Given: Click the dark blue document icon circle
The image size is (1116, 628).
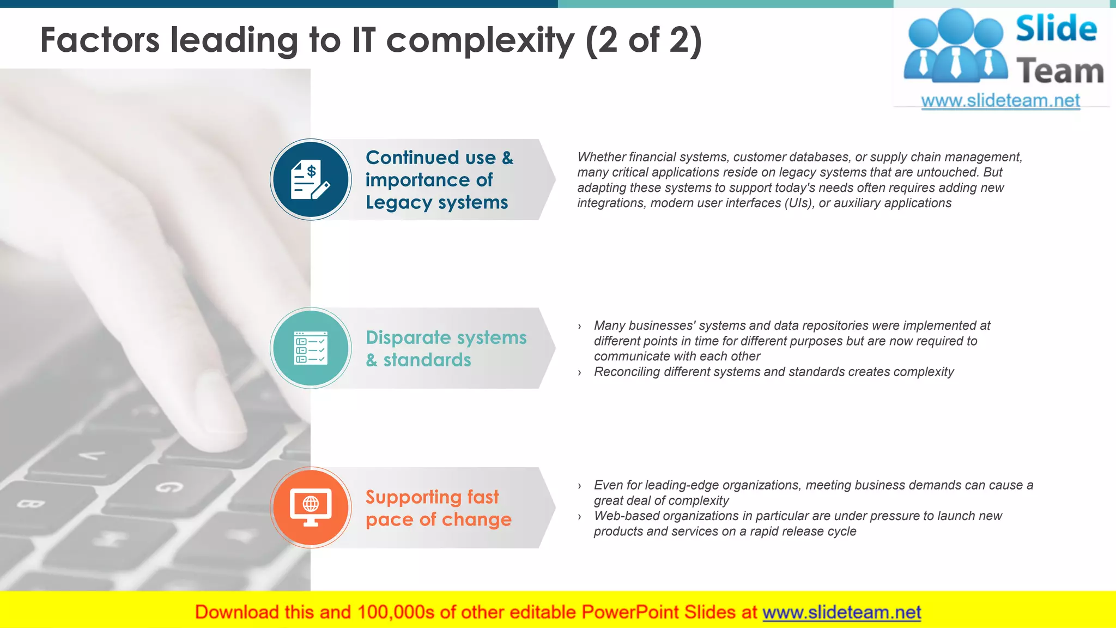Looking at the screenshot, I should (x=311, y=179).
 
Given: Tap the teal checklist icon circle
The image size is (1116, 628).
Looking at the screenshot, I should (x=311, y=348).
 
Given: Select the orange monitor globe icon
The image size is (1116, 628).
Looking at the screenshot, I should (x=311, y=507).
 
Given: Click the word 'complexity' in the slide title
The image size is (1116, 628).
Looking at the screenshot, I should (x=480, y=41).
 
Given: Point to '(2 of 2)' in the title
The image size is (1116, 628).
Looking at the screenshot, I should (x=644, y=41).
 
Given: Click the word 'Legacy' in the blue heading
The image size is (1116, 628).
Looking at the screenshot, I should (x=399, y=203).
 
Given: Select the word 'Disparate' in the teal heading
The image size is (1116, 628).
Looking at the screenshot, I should (x=408, y=338).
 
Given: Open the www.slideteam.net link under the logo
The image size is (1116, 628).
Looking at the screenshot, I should (x=1000, y=101).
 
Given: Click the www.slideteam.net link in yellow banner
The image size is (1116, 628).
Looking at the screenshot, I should (x=841, y=612).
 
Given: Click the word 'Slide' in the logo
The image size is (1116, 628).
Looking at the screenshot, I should (x=1056, y=28).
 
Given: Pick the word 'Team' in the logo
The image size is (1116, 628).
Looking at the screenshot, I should (x=1060, y=71).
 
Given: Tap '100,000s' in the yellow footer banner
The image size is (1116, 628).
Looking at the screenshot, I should (x=396, y=612).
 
